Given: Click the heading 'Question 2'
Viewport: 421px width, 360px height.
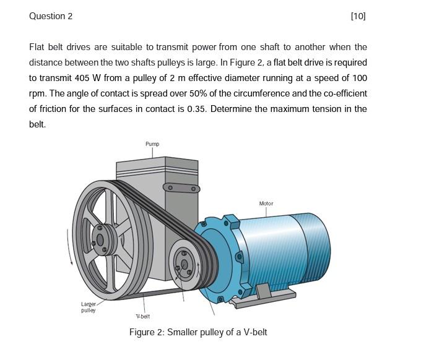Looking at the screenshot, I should (x=51, y=16).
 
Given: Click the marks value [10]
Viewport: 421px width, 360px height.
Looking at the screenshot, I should (x=358, y=16).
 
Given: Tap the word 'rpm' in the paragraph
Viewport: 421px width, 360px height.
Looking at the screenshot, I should (x=37, y=93).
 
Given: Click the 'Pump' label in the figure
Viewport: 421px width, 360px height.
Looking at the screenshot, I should (x=152, y=144).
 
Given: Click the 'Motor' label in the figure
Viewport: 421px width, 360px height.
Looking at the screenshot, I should (x=266, y=204).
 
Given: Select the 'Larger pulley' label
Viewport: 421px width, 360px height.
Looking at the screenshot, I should (x=89, y=307).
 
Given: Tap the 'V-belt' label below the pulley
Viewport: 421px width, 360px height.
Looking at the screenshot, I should (x=144, y=316).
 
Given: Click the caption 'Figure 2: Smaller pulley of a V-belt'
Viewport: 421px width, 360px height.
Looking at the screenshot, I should (x=198, y=332).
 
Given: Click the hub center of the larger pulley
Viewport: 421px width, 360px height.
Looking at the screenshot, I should (x=99, y=239).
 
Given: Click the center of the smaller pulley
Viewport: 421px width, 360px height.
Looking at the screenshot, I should (x=183, y=265).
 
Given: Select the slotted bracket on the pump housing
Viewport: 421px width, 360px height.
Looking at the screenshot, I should (x=181, y=187).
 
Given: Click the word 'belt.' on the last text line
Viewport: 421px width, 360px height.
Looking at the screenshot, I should (x=38, y=124).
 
